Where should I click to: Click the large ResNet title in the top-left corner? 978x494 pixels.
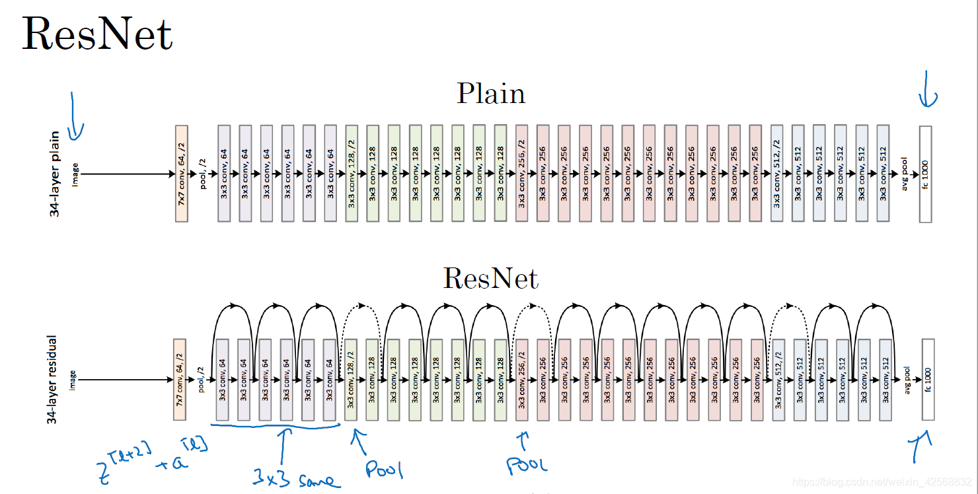[97, 34]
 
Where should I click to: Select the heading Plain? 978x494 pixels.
[491, 94]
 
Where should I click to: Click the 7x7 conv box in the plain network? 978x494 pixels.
[182, 174]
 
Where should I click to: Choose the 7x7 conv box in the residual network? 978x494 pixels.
[180, 380]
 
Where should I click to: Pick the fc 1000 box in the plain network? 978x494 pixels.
[925, 174]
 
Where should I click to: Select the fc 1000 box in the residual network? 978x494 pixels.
[928, 380]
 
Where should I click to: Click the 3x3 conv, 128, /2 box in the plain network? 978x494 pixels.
[351, 174]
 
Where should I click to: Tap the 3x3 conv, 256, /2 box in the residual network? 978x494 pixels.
[521, 380]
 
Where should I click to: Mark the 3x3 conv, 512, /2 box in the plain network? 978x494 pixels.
[776, 174]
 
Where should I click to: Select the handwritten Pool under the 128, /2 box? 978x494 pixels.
[384, 468]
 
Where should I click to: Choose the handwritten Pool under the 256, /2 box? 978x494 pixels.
[527, 464]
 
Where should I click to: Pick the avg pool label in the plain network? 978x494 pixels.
[905, 174]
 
